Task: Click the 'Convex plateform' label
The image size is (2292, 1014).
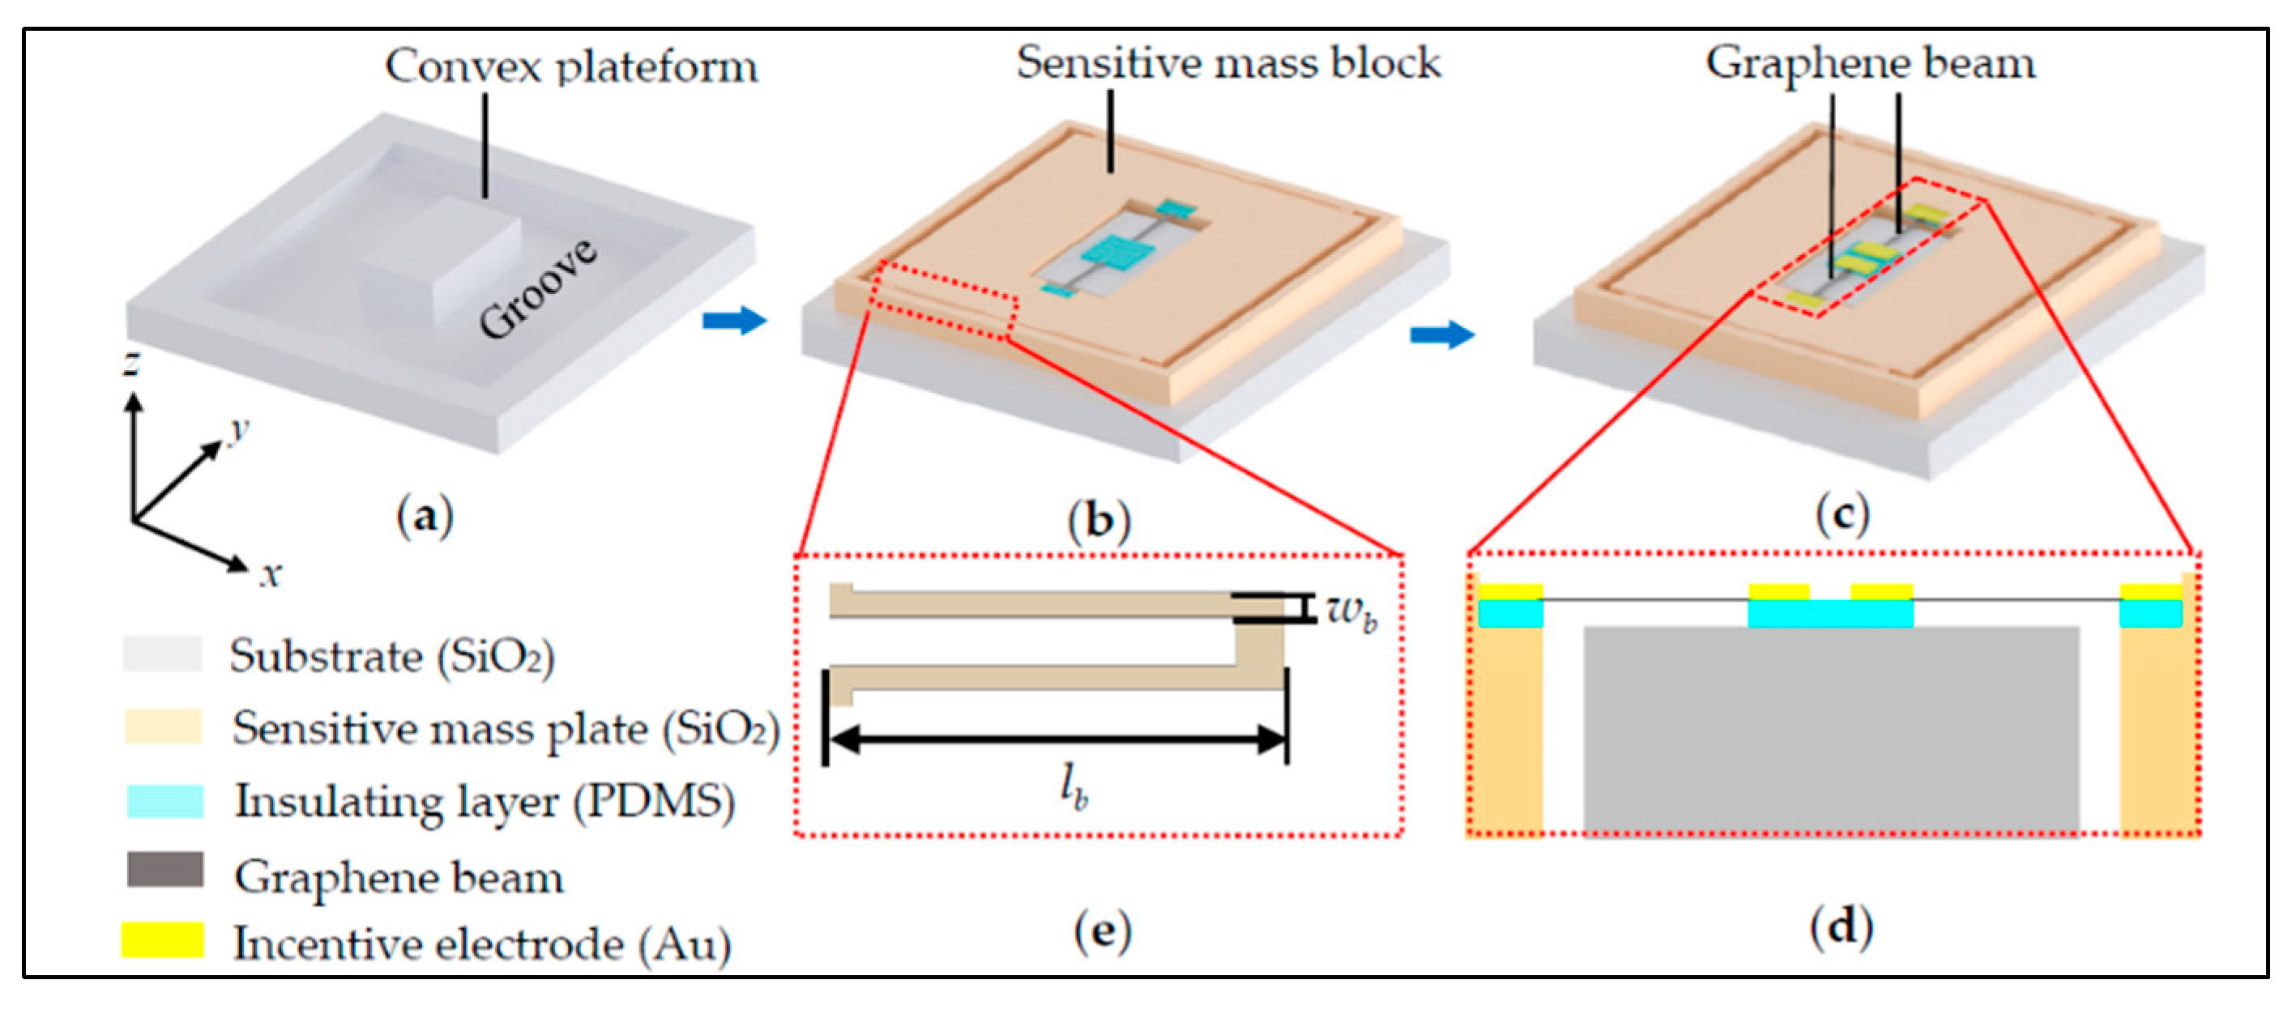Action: (x=571, y=66)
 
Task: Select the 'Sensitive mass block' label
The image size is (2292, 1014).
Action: (x=1228, y=63)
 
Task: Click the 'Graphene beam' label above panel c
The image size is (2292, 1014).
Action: (x=1870, y=63)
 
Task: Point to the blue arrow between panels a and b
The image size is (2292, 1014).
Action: (x=734, y=320)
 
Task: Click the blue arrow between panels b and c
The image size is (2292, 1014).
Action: (x=1442, y=334)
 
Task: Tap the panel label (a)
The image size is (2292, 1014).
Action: (x=425, y=517)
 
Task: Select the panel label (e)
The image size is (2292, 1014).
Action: (x=1103, y=931)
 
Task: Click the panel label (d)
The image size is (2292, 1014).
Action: (x=1841, y=927)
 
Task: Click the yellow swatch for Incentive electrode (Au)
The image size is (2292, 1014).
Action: (x=163, y=939)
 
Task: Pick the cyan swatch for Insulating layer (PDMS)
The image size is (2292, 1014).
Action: (x=164, y=800)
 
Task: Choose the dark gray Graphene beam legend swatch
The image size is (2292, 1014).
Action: (x=164, y=870)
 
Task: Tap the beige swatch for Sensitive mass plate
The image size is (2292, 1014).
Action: (x=163, y=726)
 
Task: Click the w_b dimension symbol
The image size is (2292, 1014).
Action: (x=1351, y=611)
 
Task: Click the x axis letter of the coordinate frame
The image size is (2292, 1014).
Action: (x=271, y=573)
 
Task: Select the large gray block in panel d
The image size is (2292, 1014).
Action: (x=1830, y=730)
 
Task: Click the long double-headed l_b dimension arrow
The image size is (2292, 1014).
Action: (x=1056, y=739)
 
